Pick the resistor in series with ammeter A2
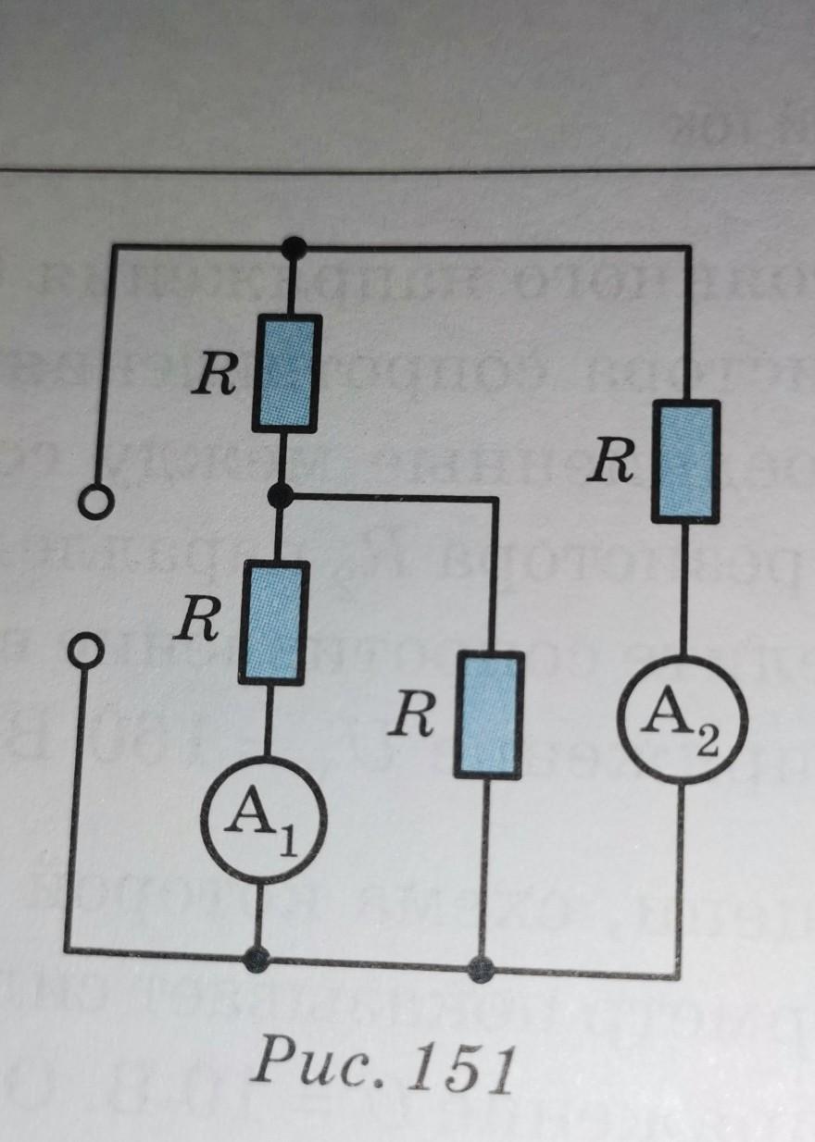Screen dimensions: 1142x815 pyautogui.click(x=686, y=460)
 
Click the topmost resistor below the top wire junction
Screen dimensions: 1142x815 pyautogui.click(x=288, y=373)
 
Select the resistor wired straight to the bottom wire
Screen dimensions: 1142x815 pyautogui.click(x=488, y=713)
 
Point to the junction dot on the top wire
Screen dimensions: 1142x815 pyautogui.click(x=295, y=247)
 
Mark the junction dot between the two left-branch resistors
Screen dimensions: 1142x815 pyautogui.click(x=279, y=497)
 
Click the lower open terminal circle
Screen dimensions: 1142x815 pyautogui.click(x=83, y=650)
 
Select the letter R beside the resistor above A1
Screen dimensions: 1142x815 pyautogui.click(x=198, y=625)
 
